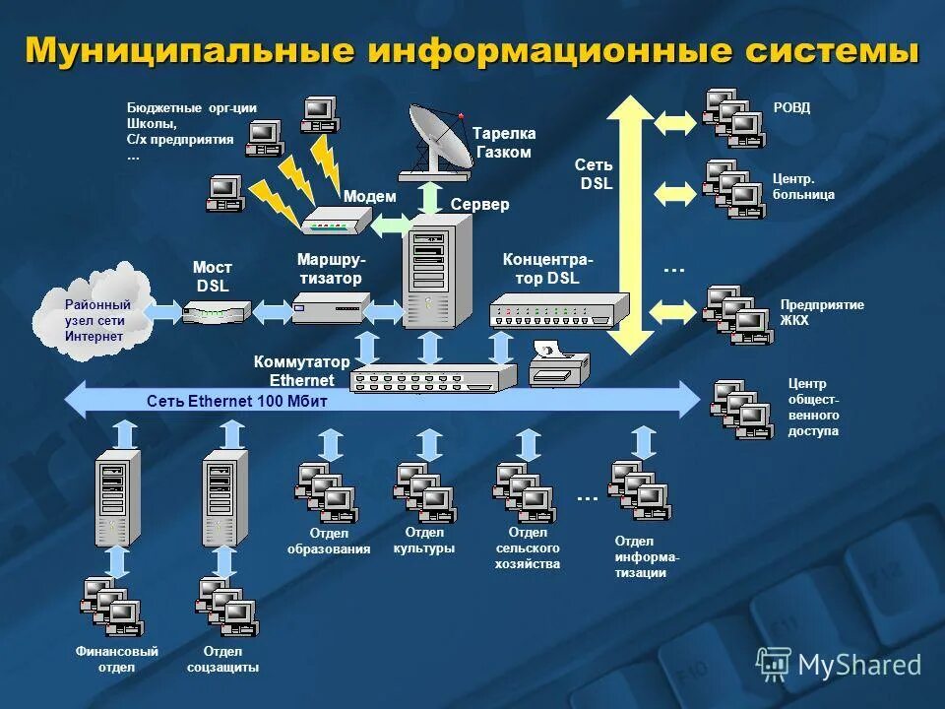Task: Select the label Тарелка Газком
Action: [x=503, y=143]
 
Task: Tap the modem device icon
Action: [x=335, y=222]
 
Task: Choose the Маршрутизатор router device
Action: [x=330, y=310]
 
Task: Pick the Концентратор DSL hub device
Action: [x=558, y=311]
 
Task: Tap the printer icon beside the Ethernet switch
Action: [x=558, y=364]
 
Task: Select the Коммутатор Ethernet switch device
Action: [x=433, y=378]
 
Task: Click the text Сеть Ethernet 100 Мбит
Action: [x=236, y=402]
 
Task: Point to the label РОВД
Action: [x=792, y=108]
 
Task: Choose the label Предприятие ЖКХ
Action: [x=822, y=312]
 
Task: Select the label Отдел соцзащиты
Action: [x=223, y=659]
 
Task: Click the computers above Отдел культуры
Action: [x=424, y=492]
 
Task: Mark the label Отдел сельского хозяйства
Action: [x=528, y=548]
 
